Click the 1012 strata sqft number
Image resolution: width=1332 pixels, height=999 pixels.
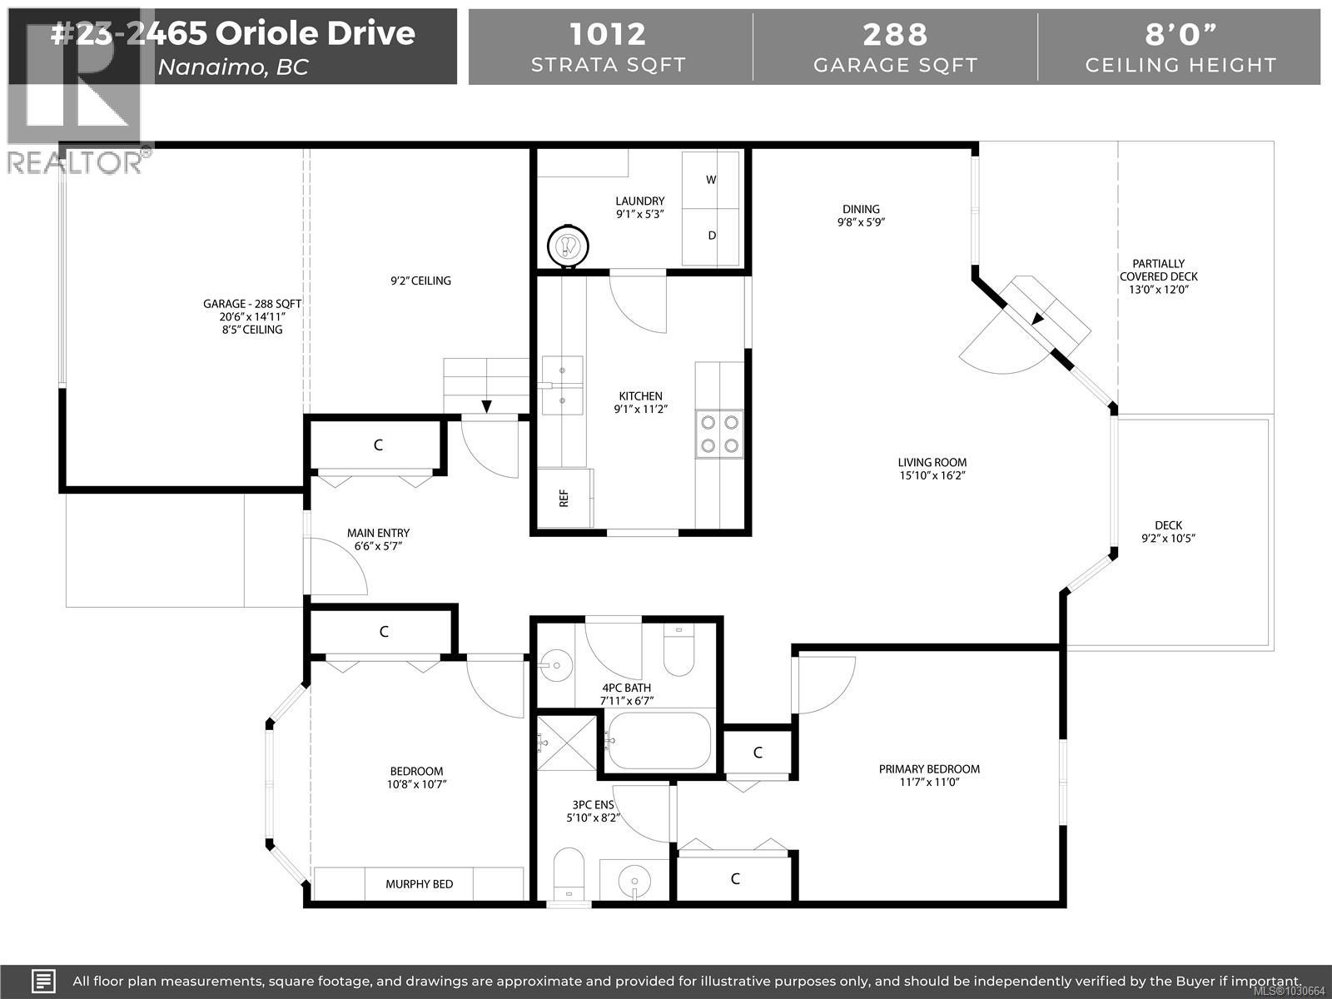click(x=608, y=34)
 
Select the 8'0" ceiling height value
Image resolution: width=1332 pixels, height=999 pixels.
click(x=1180, y=34)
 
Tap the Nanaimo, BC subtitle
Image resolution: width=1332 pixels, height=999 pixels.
click(x=233, y=67)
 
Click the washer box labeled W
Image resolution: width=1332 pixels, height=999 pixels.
click(x=711, y=180)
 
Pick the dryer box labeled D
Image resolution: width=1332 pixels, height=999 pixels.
click(x=711, y=236)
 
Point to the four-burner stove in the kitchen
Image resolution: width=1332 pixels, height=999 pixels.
click(x=719, y=433)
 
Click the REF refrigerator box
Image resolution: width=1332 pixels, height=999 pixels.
click(x=564, y=498)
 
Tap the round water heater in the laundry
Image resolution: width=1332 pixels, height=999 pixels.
click(x=569, y=246)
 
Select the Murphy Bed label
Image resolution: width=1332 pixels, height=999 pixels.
click(x=420, y=883)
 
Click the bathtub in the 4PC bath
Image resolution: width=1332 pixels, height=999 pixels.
click(x=659, y=741)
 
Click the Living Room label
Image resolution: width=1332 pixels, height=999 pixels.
click(x=932, y=462)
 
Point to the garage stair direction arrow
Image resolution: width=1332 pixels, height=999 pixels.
click(x=486, y=406)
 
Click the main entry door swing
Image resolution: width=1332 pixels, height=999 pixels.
click(x=337, y=566)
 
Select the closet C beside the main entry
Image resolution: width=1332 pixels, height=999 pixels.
click(x=378, y=445)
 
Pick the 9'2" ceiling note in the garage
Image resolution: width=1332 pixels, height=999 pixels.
click(x=420, y=281)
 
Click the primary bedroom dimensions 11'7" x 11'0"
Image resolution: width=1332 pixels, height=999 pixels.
click(x=929, y=783)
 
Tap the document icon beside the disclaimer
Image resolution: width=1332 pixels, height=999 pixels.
click(x=43, y=981)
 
